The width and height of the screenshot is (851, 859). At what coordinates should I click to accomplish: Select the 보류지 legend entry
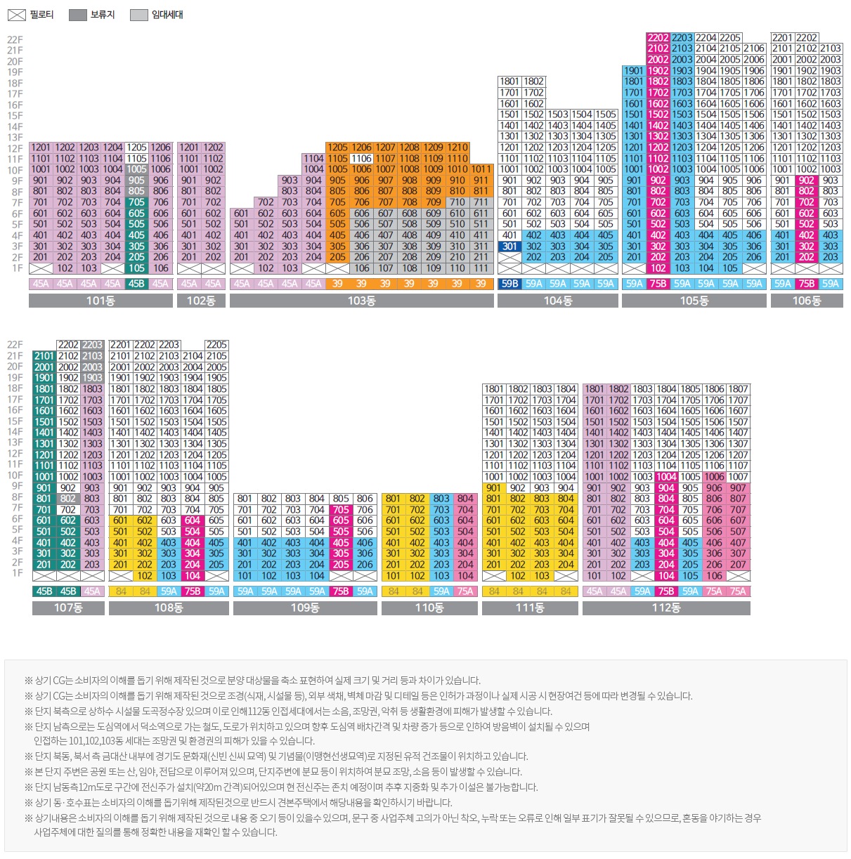(91, 15)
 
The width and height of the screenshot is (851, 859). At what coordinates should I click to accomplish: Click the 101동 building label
(100, 301)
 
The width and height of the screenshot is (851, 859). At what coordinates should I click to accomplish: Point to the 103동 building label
(361, 301)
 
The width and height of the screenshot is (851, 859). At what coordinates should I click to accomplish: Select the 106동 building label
(806, 301)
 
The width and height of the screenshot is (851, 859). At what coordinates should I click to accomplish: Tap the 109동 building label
(304, 608)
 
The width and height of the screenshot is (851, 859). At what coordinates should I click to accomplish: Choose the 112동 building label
(665, 608)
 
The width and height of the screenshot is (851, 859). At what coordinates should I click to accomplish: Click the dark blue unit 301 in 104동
(509, 247)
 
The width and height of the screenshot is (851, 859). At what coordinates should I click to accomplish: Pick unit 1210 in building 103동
(457, 147)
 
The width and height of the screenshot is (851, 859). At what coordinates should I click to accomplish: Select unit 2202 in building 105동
(658, 38)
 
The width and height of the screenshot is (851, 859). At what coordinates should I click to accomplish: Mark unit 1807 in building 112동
(738, 389)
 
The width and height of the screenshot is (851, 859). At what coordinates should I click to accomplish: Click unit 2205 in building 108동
(216, 345)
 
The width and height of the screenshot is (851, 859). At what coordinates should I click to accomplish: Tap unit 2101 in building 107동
(44, 356)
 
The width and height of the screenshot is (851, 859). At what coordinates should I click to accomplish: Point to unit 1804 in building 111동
(566, 389)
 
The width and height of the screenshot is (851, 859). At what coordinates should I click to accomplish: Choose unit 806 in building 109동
(365, 499)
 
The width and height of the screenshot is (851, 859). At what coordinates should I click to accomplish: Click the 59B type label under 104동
(509, 284)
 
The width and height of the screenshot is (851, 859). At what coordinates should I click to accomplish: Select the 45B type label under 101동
(136, 284)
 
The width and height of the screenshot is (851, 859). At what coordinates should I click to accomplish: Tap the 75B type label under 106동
(806, 284)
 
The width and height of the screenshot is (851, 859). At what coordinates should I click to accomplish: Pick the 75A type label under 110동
(465, 591)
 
